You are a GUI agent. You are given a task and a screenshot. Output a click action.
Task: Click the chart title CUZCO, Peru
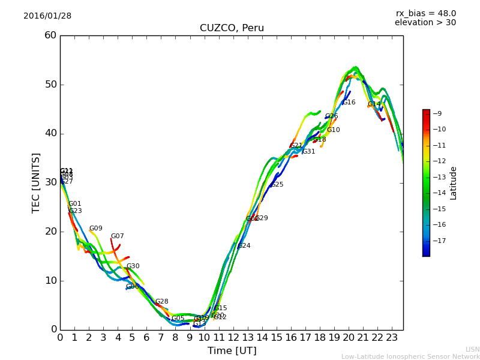point(232,28)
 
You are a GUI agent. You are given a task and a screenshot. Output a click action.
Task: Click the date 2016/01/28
point(47,16)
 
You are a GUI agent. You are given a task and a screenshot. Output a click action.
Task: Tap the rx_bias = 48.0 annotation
point(425,13)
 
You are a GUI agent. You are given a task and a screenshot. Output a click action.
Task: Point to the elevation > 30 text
point(425,23)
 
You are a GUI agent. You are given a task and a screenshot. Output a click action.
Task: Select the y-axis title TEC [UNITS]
point(36,182)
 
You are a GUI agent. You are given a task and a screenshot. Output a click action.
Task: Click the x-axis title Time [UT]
point(232,351)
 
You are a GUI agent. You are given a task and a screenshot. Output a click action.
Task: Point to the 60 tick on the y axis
point(50,35)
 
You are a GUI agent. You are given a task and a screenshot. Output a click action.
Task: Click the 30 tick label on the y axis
point(50,182)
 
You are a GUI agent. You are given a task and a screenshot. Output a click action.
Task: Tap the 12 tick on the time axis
point(233,337)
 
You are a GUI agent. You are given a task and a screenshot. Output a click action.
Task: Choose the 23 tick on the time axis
point(392,337)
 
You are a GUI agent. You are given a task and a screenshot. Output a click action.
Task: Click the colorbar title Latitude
point(454,183)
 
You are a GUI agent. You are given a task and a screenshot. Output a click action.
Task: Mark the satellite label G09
point(96,229)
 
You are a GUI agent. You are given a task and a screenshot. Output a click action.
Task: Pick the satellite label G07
point(118,236)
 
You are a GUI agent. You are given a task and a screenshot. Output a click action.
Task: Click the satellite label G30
point(133,266)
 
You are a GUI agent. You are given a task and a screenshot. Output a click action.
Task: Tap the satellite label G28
point(162,302)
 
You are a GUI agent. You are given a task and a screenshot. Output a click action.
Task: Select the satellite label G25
point(277,185)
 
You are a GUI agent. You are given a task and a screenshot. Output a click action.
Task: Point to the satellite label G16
point(349,103)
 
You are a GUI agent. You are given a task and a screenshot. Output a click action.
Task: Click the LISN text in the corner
point(472,349)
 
